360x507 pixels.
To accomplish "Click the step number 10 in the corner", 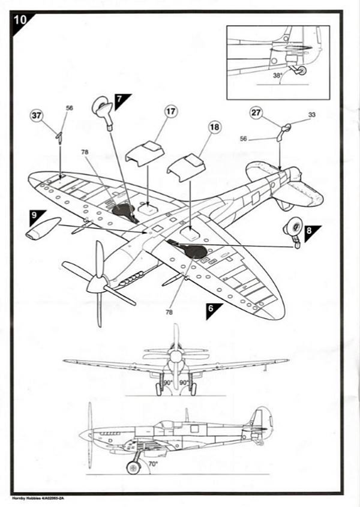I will [x=20, y=19].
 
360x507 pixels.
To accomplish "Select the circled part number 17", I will [x=171, y=112].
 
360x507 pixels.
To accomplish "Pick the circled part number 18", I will [x=214, y=127].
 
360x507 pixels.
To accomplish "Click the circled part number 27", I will [x=257, y=113].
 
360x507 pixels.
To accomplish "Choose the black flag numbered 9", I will [x=37, y=214].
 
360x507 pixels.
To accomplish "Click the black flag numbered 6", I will [x=213, y=309].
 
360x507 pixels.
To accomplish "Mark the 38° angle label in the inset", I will [x=277, y=76].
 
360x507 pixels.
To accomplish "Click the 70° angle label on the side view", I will [x=154, y=464].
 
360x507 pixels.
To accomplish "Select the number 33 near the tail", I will [x=311, y=115].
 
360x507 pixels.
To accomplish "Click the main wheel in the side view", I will [x=133, y=467].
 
